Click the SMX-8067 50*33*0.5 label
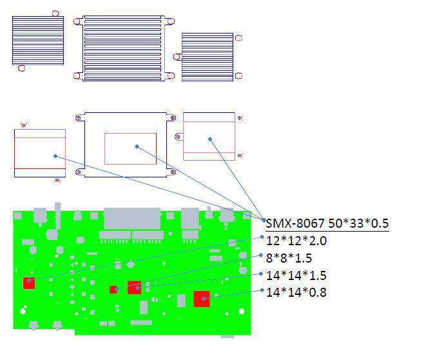(x=327, y=223)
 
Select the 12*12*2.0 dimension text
(x=296, y=241)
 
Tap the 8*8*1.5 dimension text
(x=289, y=258)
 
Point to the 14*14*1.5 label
(x=296, y=275)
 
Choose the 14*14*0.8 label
(x=296, y=292)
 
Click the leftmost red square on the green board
(x=28, y=283)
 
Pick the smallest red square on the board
(x=113, y=289)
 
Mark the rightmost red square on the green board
(x=202, y=299)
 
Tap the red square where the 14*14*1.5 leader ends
(x=134, y=287)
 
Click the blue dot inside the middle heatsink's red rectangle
(x=137, y=146)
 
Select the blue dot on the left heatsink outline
(x=55, y=155)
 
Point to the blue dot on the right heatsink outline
(x=210, y=138)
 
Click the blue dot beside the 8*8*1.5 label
(x=262, y=255)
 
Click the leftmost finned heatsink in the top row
(x=38, y=41)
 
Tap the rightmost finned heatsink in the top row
(x=208, y=57)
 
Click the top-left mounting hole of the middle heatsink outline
(x=79, y=118)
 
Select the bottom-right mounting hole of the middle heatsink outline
(x=172, y=172)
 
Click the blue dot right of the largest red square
(x=216, y=295)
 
